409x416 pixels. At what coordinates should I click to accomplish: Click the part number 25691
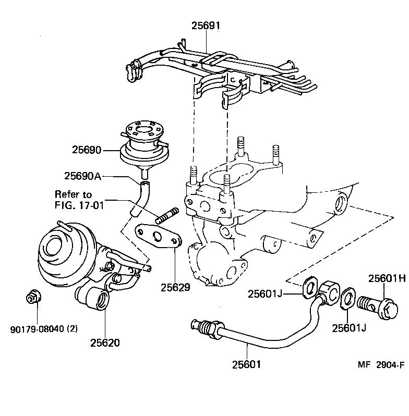coord(206,25)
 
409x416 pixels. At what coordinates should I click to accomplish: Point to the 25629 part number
coord(175,287)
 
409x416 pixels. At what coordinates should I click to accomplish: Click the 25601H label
coord(387,279)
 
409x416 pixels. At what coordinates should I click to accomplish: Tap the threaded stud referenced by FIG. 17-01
coord(167,214)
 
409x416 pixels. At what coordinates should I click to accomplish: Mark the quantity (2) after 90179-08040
coord(72,329)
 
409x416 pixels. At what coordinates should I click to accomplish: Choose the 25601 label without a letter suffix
coord(246,364)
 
